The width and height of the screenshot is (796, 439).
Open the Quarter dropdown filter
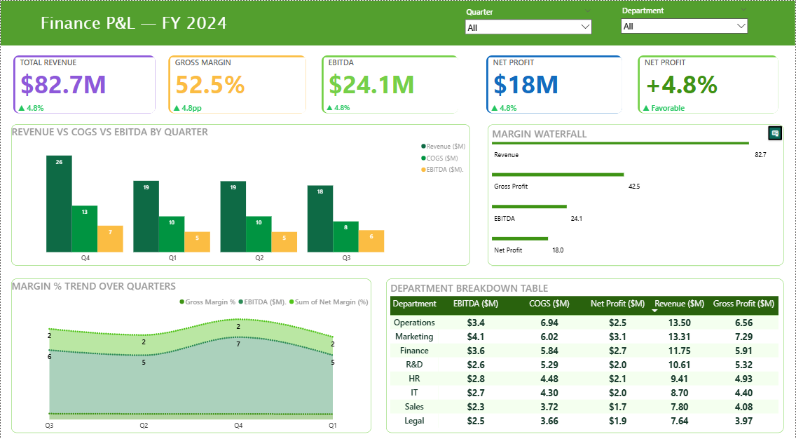pyautogui.click(x=528, y=27)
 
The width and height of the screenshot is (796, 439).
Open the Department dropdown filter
pyautogui.click(x=684, y=27)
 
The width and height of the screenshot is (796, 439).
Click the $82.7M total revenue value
pyautogui.click(x=63, y=85)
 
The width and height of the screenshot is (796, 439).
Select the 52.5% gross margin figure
pyautogui.click(x=210, y=85)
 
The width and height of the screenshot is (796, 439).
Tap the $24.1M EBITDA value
pyautogui.click(x=371, y=85)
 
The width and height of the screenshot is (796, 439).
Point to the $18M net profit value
pyautogui.click(x=526, y=85)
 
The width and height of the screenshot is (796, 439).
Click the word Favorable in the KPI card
pyautogui.click(x=668, y=108)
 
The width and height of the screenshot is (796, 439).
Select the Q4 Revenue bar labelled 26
pyautogui.click(x=59, y=203)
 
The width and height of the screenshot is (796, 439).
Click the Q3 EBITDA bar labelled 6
pyautogui.click(x=371, y=241)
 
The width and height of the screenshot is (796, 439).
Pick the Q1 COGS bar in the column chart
pyautogui.click(x=172, y=234)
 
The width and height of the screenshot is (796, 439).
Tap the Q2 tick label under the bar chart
pyautogui.click(x=259, y=258)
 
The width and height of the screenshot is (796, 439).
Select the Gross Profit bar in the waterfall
pyautogui.click(x=558, y=175)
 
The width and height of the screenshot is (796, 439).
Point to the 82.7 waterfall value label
pyautogui.click(x=760, y=154)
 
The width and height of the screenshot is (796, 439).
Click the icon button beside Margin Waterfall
pyautogui.click(x=775, y=133)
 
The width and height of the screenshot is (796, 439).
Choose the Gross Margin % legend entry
pyautogui.click(x=208, y=302)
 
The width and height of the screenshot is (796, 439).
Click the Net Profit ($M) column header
pyautogui.click(x=617, y=304)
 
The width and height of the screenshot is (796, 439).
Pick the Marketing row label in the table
pyautogui.click(x=414, y=337)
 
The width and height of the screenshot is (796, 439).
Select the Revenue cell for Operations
pyautogui.click(x=680, y=323)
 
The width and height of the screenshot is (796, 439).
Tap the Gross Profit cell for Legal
pyautogui.click(x=743, y=421)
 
